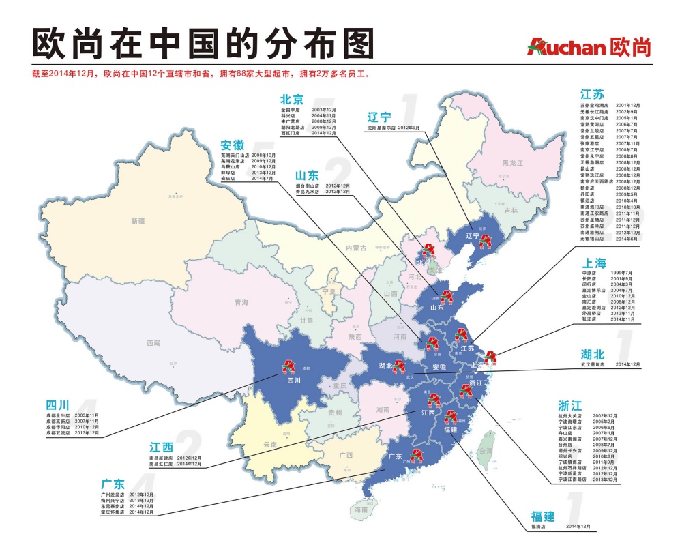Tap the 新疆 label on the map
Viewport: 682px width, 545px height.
(x=138, y=220)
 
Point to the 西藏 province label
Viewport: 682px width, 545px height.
(x=152, y=343)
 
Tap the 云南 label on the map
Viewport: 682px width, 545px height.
(x=271, y=444)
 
